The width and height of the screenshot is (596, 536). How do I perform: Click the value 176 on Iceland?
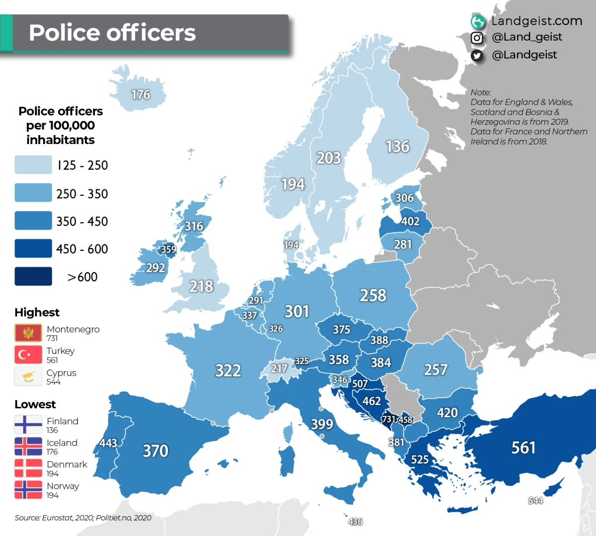(141, 94)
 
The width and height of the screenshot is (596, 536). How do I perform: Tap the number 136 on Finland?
(397, 147)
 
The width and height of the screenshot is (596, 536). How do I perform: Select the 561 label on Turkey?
(523, 448)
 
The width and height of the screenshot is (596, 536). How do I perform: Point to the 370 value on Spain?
(155, 451)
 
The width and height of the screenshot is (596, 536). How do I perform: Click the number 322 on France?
(228, 371)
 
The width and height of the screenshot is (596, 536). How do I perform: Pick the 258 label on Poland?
(373, 296)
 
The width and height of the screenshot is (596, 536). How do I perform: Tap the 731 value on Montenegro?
(388, 419)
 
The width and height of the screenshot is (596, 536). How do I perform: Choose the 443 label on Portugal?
(108, 443)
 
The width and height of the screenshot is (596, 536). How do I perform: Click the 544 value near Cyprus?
(535, 501)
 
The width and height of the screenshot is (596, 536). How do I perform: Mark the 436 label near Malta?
(355, 522)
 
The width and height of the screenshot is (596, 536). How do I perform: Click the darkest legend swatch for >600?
(33, 277)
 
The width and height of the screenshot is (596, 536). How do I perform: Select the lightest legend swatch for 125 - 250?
(33, 165)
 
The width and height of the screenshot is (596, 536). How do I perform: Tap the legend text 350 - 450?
(82, 222)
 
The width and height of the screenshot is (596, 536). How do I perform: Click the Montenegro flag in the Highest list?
(28, 332)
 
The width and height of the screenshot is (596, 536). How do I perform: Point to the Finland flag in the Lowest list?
(28, 425)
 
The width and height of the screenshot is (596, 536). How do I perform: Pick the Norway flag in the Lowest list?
(28, 490)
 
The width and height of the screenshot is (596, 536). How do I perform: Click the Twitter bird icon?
(477, 55)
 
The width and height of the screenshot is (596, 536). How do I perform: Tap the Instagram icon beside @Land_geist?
(477, 38)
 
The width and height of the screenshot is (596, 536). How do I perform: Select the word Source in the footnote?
(27, 518)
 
